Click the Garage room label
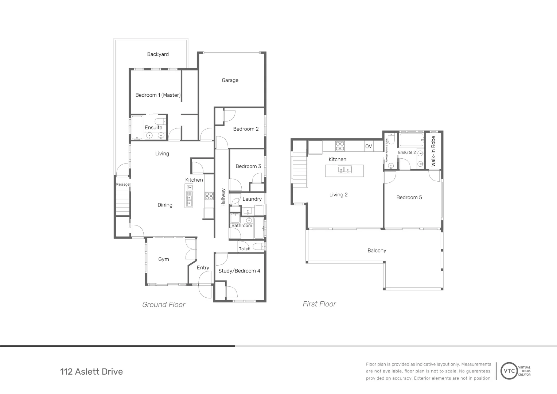click(x=230, y=80)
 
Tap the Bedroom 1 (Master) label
click(x=158, y=95)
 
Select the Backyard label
click(x=158, y=54)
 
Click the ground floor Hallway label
click(x=223, y=197)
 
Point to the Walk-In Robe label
click(x=433, y=151)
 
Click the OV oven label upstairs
click(x=369, y=146)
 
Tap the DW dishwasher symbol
click(x=190, y=188)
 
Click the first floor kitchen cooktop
click(x=340, y=146)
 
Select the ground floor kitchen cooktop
click(x=209, y=196)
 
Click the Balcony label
click(x=377, y=251)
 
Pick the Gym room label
click(x=164, y=259)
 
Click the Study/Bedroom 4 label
click(x=239, y=271)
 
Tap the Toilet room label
click(x=244, y=249)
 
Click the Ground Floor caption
click(x=164, y=305)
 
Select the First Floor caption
click(x=319, y=304)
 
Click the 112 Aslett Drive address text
click(x=91, y=372)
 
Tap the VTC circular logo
click(x=509, y=371)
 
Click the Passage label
click(x=122, y=185)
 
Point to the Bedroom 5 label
click(x=409, y=197)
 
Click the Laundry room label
click(x=252, y=199)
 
